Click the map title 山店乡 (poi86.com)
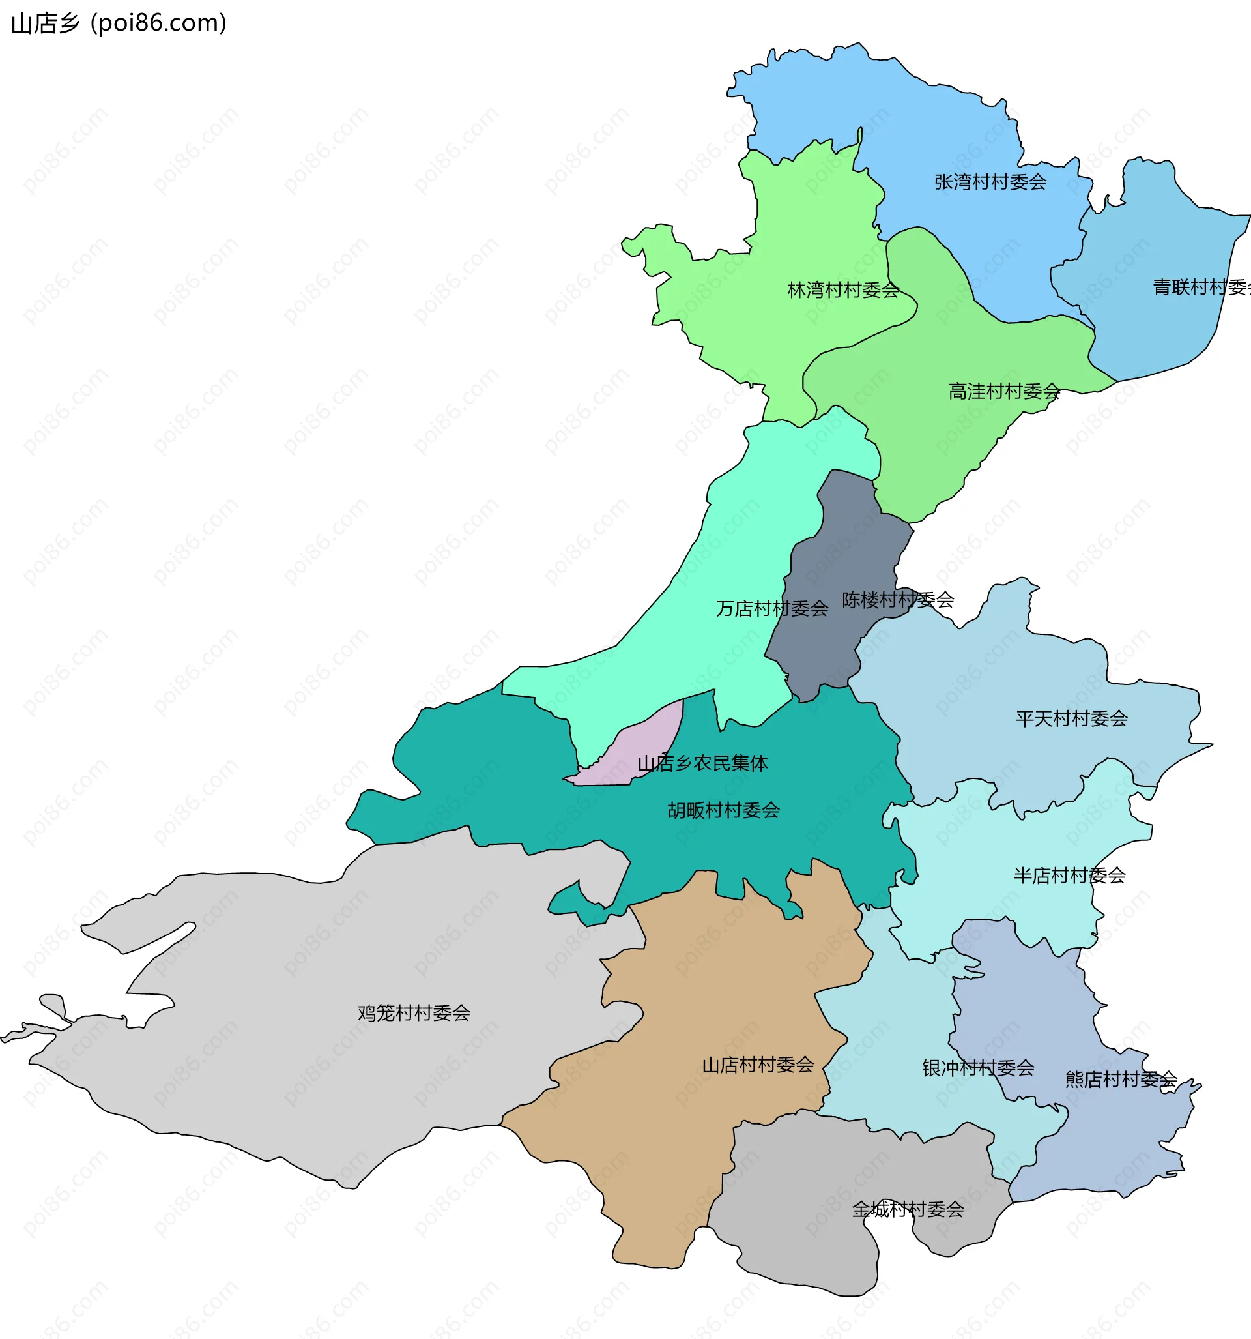(119, 23)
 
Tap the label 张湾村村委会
(990, 182)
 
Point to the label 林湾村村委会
(843, 290)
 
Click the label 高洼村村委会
(1004, 391)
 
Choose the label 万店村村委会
(771, 609)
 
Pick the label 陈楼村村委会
(897, 600)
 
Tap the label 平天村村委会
(1071, 718)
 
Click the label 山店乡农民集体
(702, 764)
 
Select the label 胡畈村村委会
(723, 810)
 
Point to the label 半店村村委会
(1069, 875)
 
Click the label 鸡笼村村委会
(413, 1013)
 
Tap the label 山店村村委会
(758, 1065)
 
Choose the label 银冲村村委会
(977, 1068)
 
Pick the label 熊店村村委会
(1121, 1080)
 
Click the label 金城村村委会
(908, 1210)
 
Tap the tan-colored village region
(673, 1145)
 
